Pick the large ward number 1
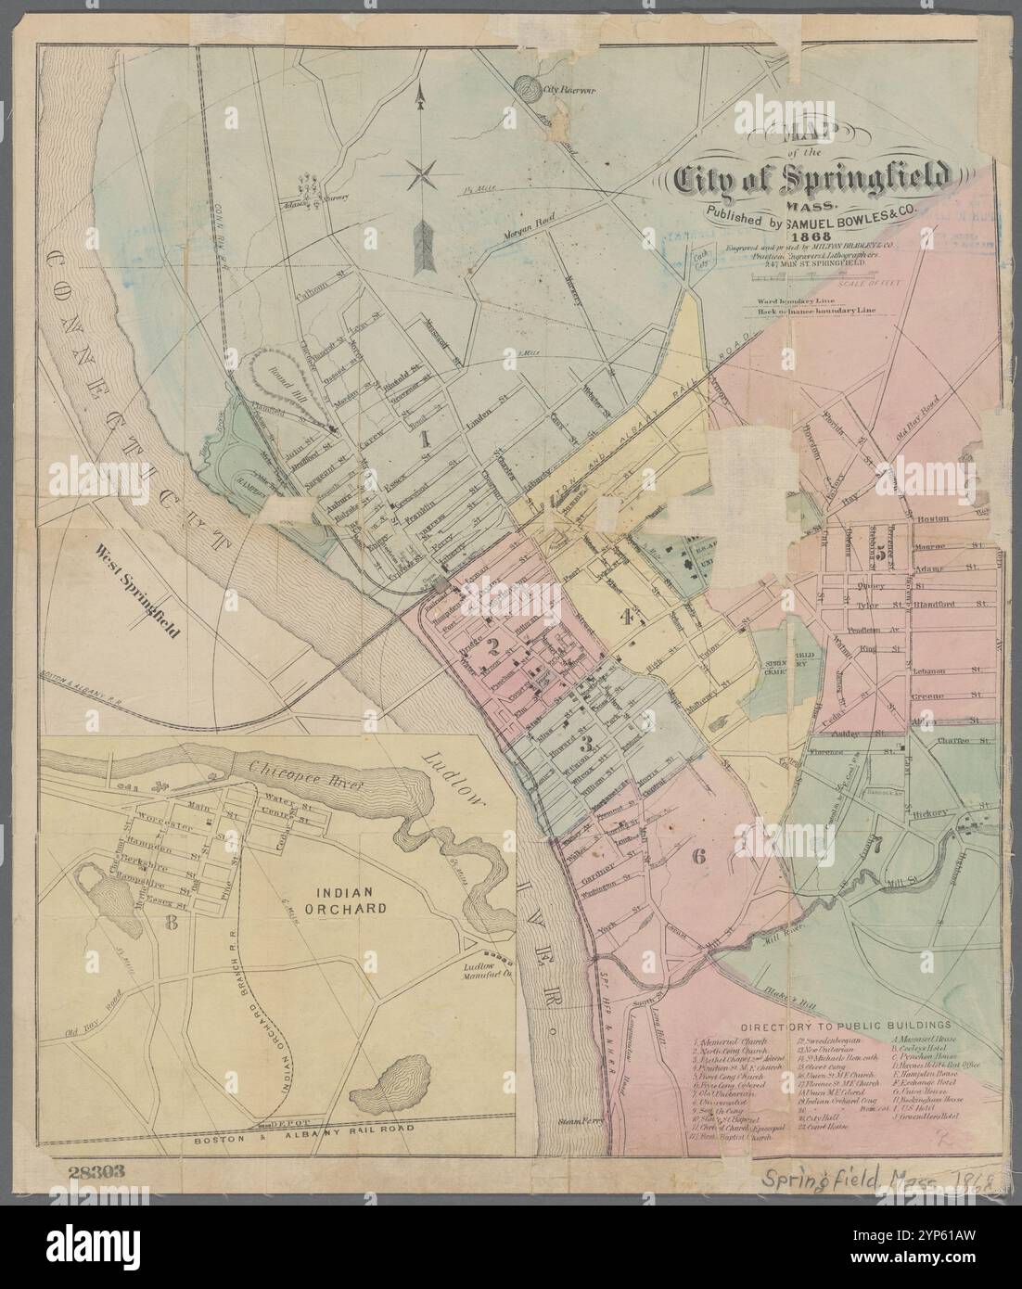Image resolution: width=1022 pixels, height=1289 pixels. click(425, 440)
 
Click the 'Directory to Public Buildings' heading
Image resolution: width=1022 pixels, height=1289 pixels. click(846, 1026)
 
